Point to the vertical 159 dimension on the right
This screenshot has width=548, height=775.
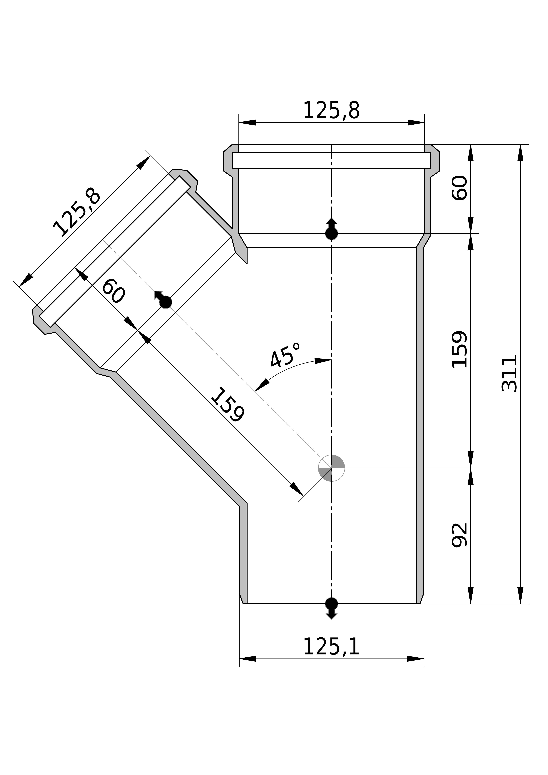pos(460,349)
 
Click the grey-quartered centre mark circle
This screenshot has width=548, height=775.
pos(332,468)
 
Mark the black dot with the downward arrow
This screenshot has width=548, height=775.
pos(332,604)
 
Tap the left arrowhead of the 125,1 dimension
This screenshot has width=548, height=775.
pos(248,659)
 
